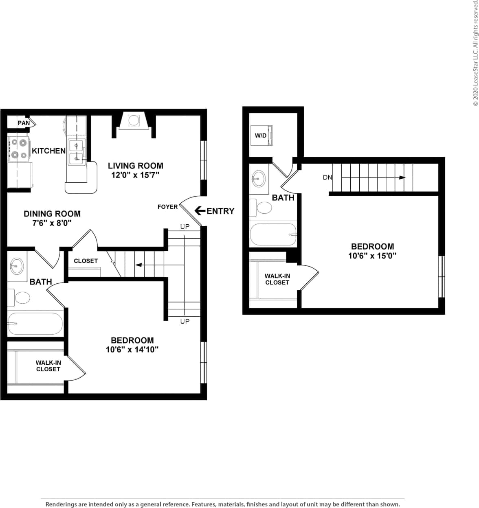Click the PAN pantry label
coord(24,123)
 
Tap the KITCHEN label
coord(48,151)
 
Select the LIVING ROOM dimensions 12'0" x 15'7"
coord(135,175)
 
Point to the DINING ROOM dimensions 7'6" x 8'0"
coord(52,223)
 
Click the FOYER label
coord(167,207)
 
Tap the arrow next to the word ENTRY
coord(200,210)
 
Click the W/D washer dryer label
coord(261,136)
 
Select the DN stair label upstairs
coord(327,177)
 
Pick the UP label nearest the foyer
coord(185,226)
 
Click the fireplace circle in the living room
coord(133,120)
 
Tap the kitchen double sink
coord(76,152)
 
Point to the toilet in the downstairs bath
coord(22,298)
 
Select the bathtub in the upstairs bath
coord(272,234)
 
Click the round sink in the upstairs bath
coord(258,178)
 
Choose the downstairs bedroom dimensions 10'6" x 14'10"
coord(132,349)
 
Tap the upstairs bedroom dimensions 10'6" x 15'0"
coord(372,256)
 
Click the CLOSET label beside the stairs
coord(86,261)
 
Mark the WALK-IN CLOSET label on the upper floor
coord(277,279)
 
